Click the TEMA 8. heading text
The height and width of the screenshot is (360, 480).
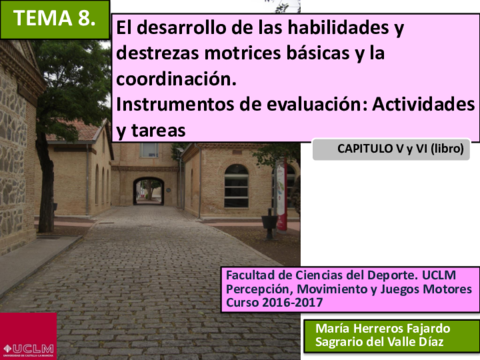point(54,18)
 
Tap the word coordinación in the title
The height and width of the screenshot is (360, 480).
point(176,79)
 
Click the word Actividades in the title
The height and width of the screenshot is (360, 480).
point(423,104)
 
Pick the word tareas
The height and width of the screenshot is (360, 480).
point(158,130)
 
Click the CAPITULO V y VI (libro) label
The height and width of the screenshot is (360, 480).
point(400,149)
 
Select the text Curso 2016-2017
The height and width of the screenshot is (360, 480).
point(274,303)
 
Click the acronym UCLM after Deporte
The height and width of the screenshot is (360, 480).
point(439,275)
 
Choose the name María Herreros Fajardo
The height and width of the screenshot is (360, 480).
point(383,329)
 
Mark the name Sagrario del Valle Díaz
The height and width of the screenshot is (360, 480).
point(379,342)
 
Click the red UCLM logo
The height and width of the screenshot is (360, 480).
point(28,336)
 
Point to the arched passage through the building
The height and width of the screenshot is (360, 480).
point(149,191)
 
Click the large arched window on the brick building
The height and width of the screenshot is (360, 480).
point(236,186)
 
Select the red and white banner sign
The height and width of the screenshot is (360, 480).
point(281,195)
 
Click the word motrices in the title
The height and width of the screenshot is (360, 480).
point(243,53)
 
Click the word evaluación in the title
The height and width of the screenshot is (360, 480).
point(317,104)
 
